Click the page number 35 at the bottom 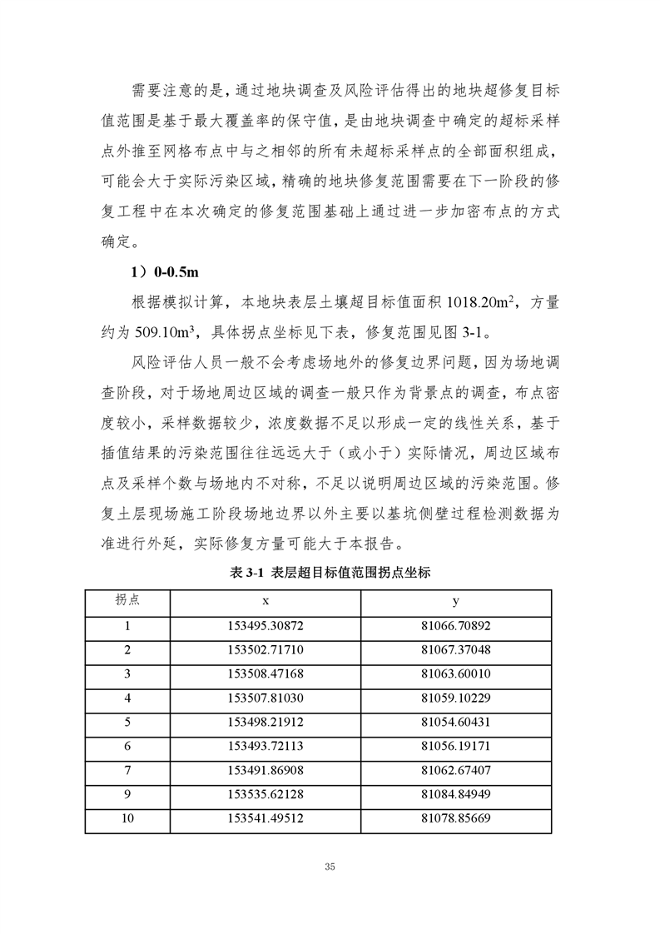click(x=330, y=867)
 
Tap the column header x click(x=265, y=602)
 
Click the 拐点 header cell click(x=127, y=602)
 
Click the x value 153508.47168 click(x=265, y=673)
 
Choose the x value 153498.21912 click(x=265, y=721)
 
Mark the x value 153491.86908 click(x=265, y=768)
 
